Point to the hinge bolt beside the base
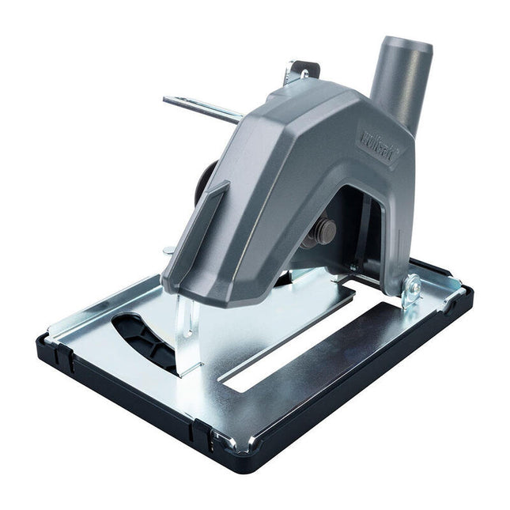(411, 289)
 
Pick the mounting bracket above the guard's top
(300, 73)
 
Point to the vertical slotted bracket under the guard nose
(185, 332)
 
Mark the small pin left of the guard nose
(168, 251)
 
